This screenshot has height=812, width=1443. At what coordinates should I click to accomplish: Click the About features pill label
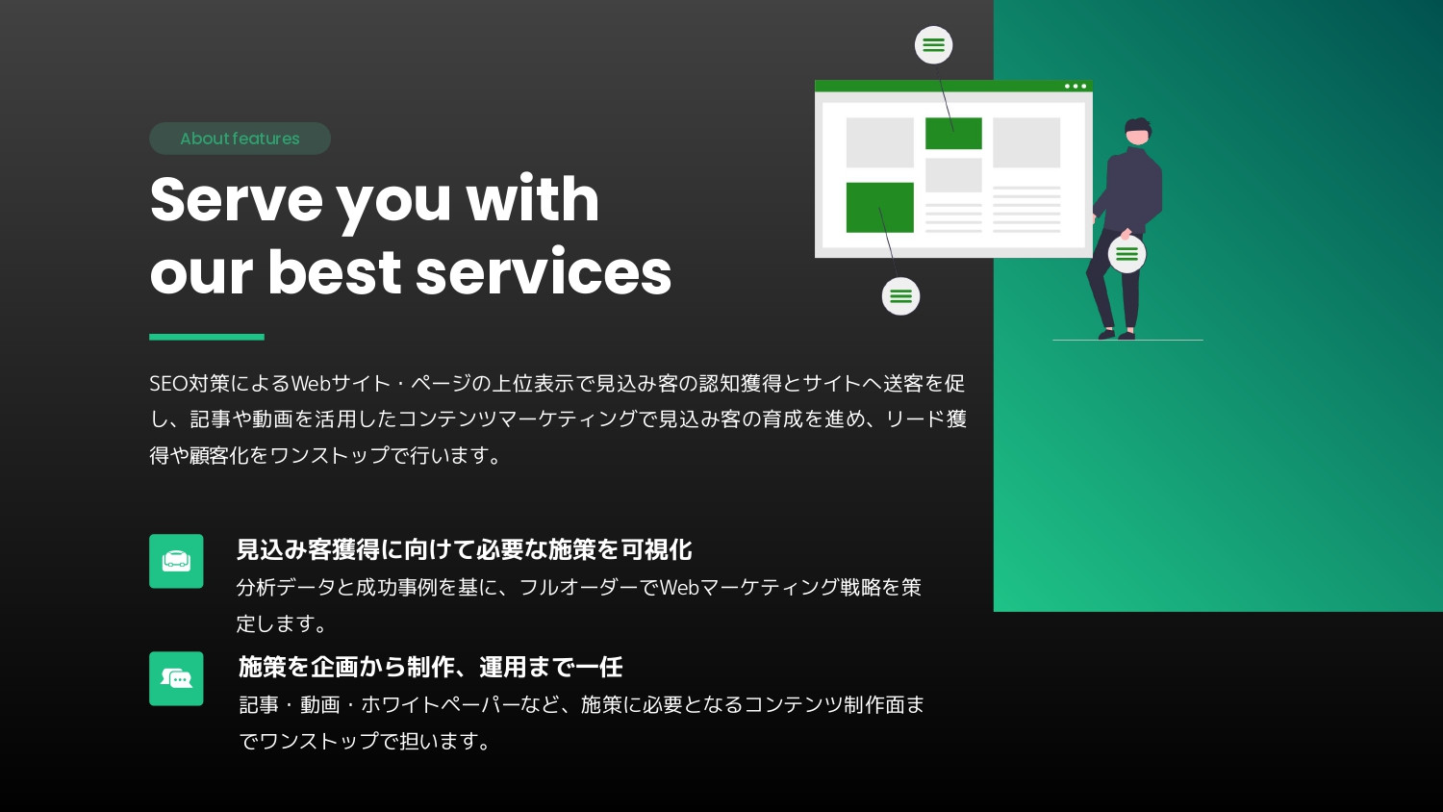240,139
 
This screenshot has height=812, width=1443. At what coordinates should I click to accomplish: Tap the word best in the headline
333,272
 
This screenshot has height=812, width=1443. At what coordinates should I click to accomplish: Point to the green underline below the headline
206,337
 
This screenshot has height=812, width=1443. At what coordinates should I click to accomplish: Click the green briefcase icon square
176,561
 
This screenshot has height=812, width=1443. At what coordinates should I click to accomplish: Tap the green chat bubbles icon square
176,678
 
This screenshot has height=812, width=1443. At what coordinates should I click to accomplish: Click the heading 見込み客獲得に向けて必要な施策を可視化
464,549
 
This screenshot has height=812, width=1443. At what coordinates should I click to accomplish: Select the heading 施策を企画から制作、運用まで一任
430,667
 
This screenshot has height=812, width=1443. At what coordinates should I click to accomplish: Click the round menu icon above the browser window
933,45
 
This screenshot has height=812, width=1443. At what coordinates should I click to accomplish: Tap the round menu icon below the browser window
900,296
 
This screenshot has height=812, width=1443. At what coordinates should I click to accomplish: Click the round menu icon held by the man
1127,255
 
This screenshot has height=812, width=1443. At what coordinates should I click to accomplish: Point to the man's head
1138,132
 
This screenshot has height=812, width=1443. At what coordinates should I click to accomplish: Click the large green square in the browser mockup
879,207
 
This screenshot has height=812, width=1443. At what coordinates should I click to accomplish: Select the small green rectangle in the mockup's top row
953,134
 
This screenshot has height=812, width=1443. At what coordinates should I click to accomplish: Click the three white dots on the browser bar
1076,87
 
